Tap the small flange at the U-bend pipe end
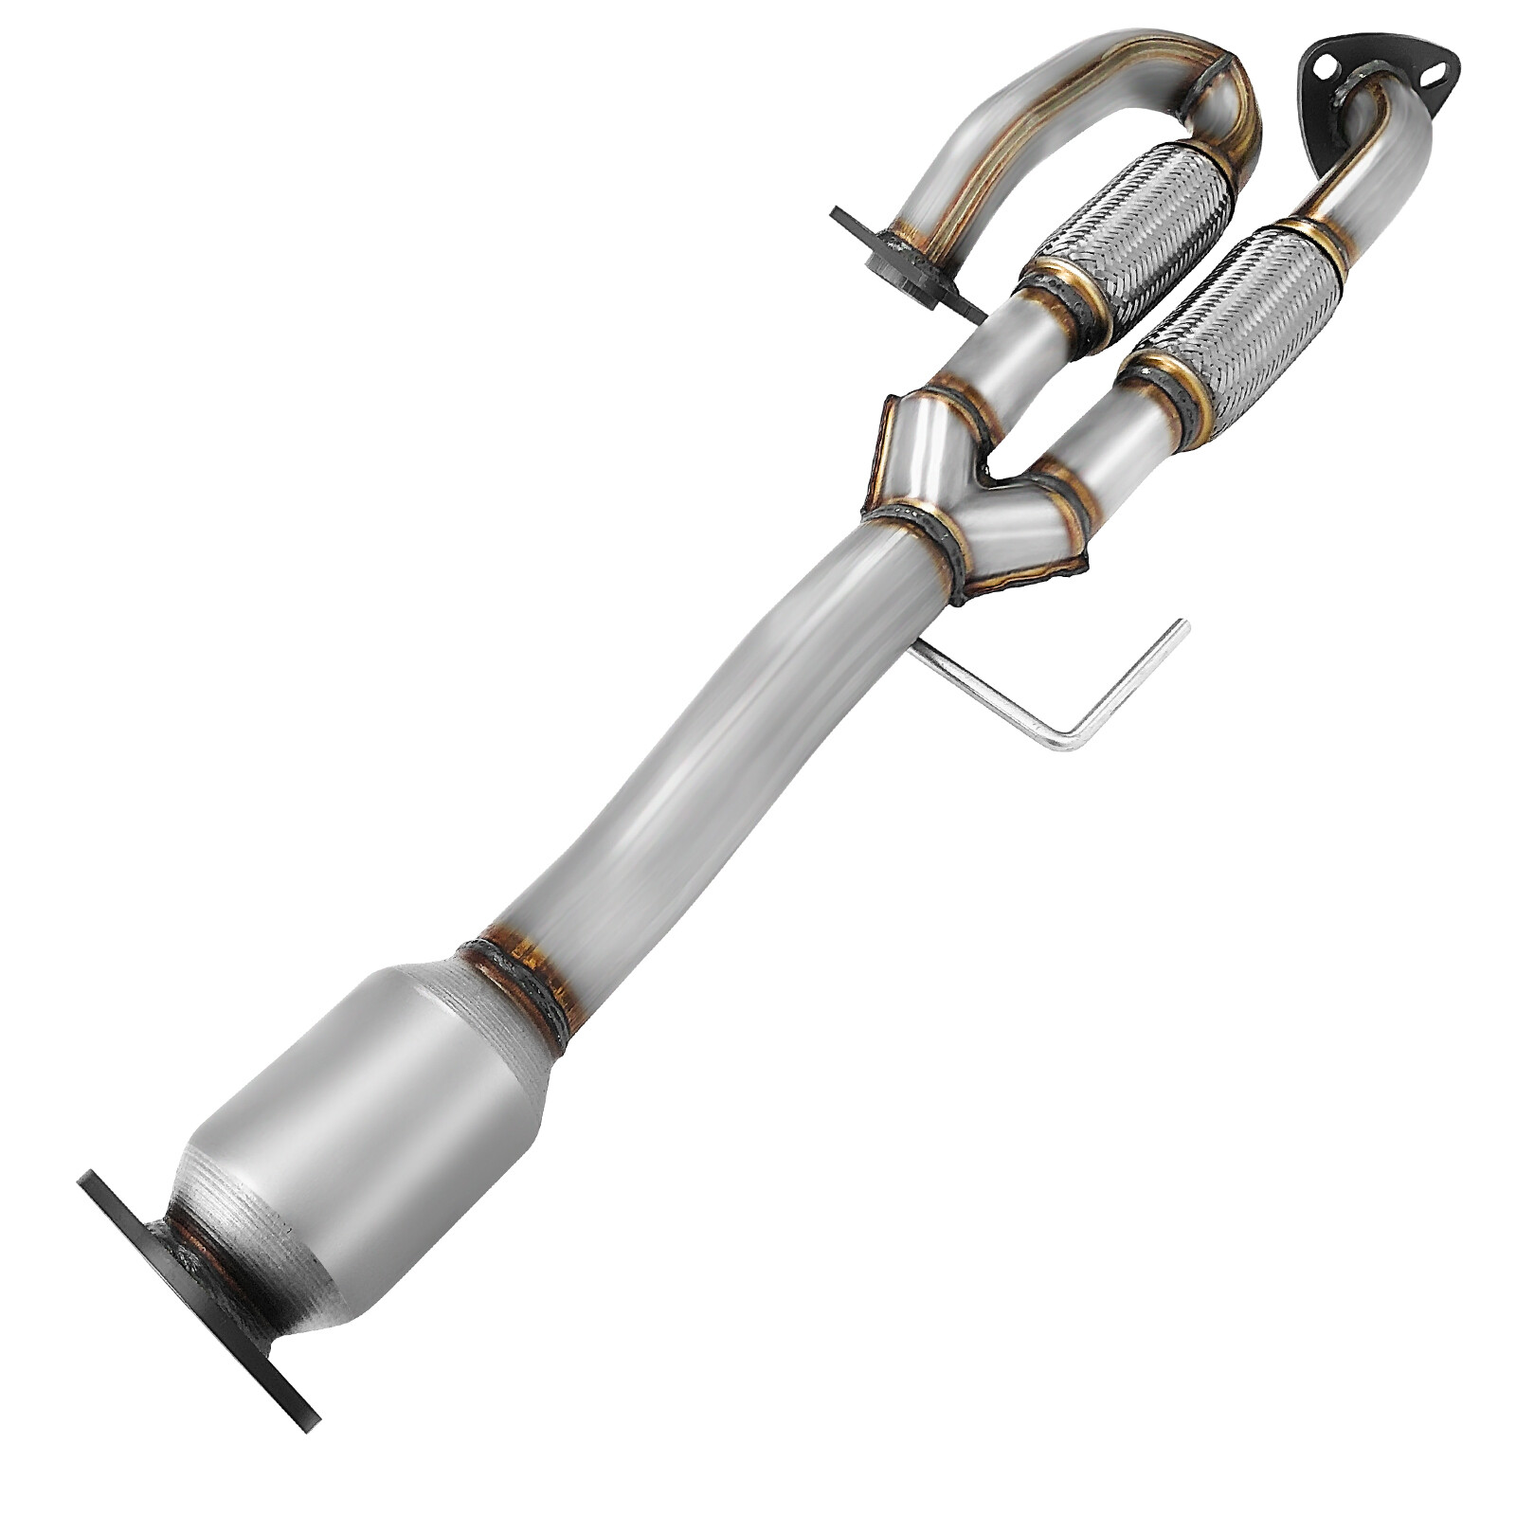coord(900,261)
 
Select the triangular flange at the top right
coord(1374,76)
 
